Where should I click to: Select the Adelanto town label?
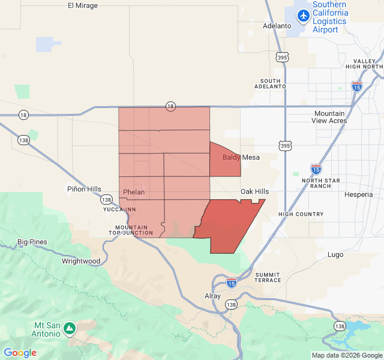(277, 26)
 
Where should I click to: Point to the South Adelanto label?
(271, 83)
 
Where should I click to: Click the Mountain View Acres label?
(329, 117)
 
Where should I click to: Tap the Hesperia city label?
(358, 194)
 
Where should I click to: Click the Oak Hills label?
(254, 191)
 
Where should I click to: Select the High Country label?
(301, 214)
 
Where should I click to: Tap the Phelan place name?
(134, 192)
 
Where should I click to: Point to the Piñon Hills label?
(84, 189)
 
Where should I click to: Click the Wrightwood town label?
(81, 261)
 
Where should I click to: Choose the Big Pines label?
(32, 242)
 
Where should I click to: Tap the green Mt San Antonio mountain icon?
(70, 328)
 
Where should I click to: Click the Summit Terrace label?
(268, 277)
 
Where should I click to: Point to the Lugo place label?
(335, 254)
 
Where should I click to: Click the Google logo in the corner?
(20, 353)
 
